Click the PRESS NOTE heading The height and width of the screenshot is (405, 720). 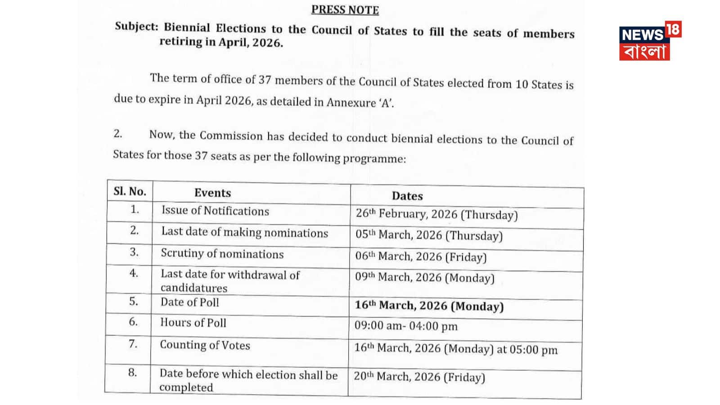pyautogui.click(x=345, y=9)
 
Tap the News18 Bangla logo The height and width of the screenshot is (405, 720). pyautogui.click(x=650, y=41)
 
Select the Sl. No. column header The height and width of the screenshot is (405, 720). pyautogui.click(x=130, y=192)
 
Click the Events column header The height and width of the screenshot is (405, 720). pyautogui.click(x=212, y=193)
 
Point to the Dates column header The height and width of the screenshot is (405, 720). pyautogui.click(x=407, y=196)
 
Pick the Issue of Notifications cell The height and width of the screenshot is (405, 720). pyautogui.click(x=215, y=211)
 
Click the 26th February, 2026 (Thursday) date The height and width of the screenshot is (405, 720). pyautogui.click(x=436, y=214)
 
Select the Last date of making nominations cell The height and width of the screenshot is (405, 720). pyautogui.click(x=244, y=232)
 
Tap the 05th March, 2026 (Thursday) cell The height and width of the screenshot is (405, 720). pyautogui.click(x=429, y=235)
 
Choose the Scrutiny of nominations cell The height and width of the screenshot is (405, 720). pyautogui.click(x=222, y=254)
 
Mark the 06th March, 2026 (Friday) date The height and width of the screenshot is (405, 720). pyautogui.click(x=421, y=256)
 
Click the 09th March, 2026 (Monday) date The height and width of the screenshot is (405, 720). pyautogui.click(x=424, y=278)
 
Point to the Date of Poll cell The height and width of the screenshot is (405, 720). pyautogui.click(x=190, y=302)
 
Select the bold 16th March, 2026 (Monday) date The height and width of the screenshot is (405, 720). pyautogui.click(x=429, y=306)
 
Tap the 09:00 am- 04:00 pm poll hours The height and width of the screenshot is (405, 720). pyautogui.click(x=406, y=326)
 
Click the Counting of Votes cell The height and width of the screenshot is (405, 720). pyautogui.click(x=205, y=345)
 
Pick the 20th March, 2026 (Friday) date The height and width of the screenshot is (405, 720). pyautogui.click(x=419, y=377)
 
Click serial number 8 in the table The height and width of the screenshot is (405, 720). pyautogui.click(x=132, y=373)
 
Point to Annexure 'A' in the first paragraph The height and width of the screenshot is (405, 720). pyautogui.click(x=360, y=103)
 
